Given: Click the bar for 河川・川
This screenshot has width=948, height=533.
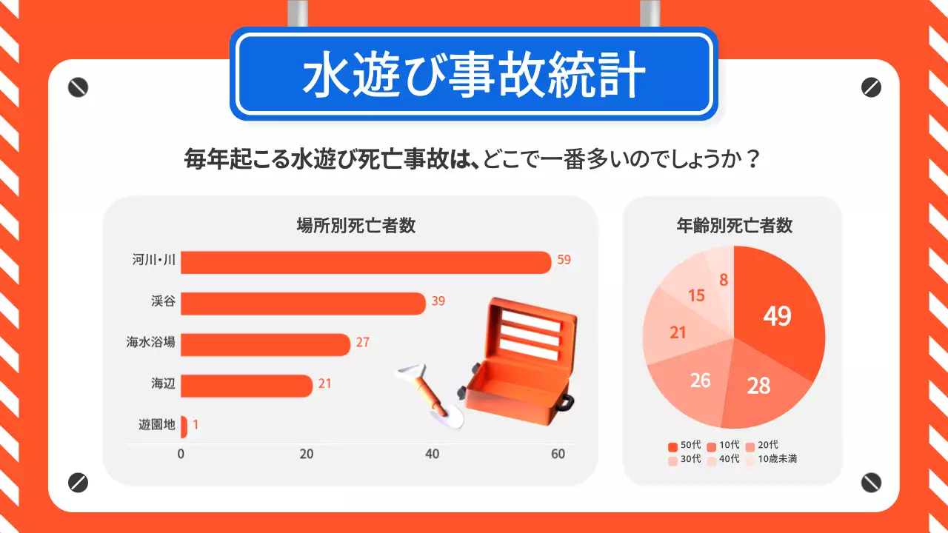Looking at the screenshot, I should [x=366, y=262].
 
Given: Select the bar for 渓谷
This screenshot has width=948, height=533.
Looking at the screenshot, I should [x=303, y=304].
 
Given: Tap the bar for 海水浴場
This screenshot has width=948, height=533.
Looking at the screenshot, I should [x=265, y=344].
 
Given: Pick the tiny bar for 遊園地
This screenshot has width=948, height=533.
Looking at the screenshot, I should [x=184, y=426].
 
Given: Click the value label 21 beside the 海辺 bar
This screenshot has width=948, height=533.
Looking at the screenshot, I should [x=324, y=383].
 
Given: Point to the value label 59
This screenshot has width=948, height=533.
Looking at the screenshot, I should [x=564, y=260].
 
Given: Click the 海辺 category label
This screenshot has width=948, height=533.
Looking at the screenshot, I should [x=162, y=383].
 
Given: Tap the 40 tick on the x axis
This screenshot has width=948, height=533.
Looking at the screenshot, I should [x=432, y=455].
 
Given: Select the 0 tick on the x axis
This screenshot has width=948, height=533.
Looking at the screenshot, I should [x=181, y=455].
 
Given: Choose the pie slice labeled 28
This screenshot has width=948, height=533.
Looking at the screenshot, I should [x=759, y=385].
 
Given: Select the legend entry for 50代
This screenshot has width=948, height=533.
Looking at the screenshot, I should [x=684, y=445].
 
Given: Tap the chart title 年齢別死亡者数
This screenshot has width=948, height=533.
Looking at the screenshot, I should [x=734, y=226].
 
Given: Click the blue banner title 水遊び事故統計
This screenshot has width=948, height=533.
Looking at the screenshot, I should [x=474, y=74].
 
